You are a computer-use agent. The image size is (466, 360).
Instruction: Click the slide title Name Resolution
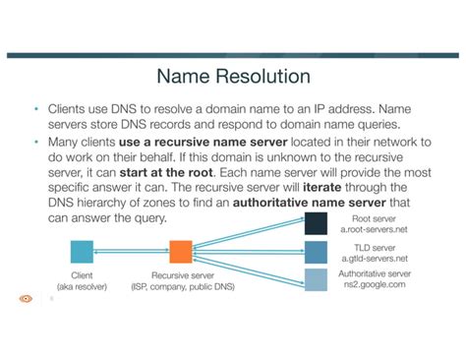(233, 76)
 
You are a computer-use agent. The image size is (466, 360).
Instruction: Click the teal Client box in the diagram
(83, 251)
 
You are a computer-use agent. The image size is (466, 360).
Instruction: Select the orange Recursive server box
(180, 251)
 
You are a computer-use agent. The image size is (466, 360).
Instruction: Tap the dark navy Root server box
(315, 223)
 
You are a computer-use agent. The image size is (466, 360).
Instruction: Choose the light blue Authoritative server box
(315, 279)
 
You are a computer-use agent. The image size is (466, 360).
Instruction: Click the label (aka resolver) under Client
(83, 287)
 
